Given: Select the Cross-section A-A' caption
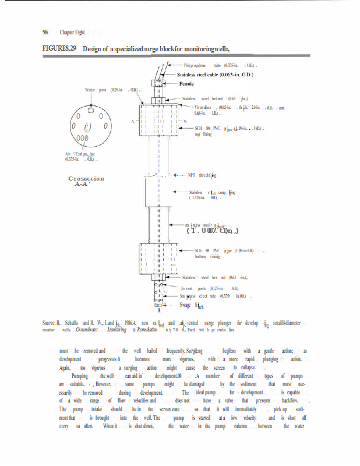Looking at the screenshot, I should pyautogui.click(x=86, y=182).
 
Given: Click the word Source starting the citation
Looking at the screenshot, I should pyautogui.click(x=49, y=323).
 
